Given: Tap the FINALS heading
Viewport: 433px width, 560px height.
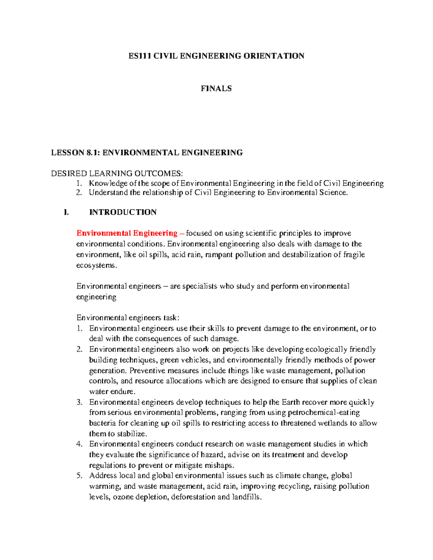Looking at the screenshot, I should click(x=216, y=89).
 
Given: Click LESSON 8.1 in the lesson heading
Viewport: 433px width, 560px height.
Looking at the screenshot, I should click(x=74, y=153).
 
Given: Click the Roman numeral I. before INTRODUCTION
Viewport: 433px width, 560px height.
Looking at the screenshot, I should click(x=66, y=212).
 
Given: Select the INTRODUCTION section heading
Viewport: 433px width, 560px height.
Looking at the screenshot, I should click(x=123, y=212).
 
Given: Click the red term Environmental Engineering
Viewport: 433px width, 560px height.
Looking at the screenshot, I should click(x=127, y=233).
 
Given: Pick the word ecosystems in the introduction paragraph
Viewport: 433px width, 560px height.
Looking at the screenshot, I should click(x=96, y=265).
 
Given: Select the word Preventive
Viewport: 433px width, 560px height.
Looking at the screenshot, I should click(x=146, y=371).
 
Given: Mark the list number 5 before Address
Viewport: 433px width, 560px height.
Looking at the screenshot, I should click(x=79, y=476).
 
